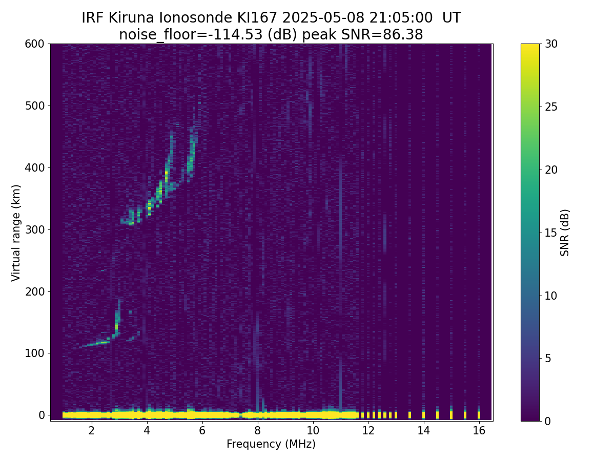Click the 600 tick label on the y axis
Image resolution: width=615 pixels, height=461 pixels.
35,44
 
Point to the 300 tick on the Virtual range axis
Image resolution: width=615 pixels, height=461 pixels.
35,229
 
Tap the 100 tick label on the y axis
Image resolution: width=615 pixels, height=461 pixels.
35,353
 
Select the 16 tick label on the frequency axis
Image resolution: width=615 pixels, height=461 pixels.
479,431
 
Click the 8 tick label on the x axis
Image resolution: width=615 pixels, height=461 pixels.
257,431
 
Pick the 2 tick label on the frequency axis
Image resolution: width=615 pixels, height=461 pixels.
91,431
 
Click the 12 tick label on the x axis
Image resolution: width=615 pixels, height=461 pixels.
368,431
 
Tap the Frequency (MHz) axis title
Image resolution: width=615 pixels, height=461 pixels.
271,444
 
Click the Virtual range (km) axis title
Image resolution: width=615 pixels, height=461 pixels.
16,233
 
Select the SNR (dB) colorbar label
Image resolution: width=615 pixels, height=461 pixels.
565,233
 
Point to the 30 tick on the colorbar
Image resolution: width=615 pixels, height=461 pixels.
551,44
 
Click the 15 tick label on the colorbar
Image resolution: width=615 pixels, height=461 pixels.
551,233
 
